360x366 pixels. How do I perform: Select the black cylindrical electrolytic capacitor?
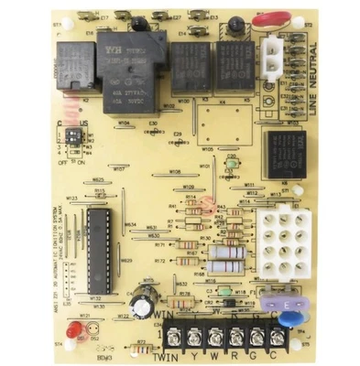point(142,305)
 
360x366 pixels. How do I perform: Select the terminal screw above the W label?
point(217,332)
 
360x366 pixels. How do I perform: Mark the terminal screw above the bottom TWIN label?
point(168,332)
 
